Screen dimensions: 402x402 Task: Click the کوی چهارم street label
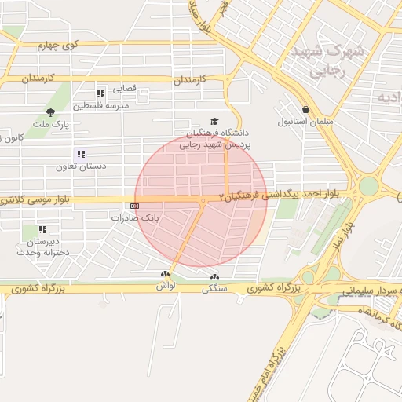point(59,46)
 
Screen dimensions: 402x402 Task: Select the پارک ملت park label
point(56,124)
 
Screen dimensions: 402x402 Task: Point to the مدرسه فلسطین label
point(101,106)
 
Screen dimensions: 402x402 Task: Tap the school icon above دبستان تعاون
point(80,155)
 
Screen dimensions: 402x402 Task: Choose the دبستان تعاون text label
point(80,166)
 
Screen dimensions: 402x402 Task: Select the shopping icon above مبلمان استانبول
point(305,110)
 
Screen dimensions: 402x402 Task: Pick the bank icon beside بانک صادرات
point(135,206)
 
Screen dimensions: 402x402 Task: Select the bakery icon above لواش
point(164,274)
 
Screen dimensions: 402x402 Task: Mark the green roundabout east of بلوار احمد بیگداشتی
point(368,187)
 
